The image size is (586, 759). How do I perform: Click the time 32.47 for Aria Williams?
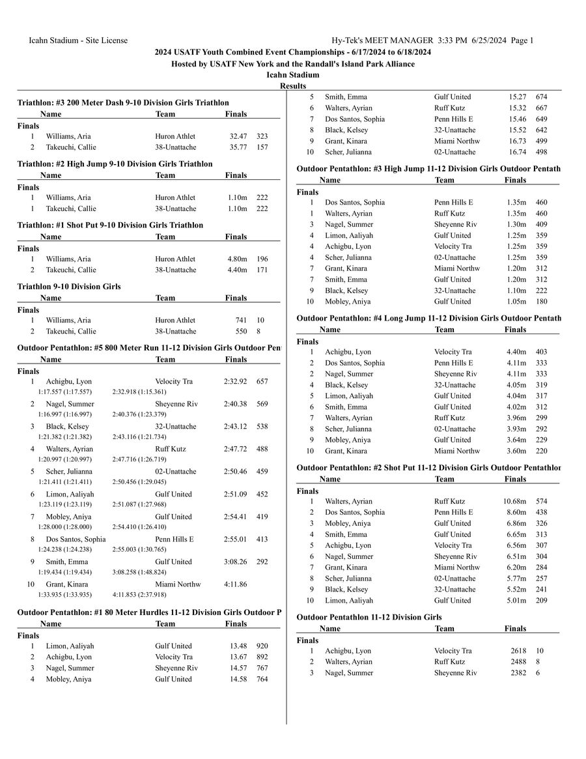[238, 136]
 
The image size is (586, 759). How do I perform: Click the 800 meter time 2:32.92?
[235, 381]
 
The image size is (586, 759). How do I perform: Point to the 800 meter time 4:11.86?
[235, 584]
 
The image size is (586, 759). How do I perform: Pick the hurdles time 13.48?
[238, 646]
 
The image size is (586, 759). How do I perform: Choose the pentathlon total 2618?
[518, 650]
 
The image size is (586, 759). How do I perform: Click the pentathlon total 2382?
[518, 672]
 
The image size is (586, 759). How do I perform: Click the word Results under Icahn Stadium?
[293, 86]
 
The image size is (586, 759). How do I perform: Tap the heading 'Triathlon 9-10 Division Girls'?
[69, 286]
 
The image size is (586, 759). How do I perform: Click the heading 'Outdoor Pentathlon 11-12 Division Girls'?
[369, 616]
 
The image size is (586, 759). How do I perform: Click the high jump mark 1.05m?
[516, 301]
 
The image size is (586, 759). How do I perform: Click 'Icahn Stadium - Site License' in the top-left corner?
[78, 40]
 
